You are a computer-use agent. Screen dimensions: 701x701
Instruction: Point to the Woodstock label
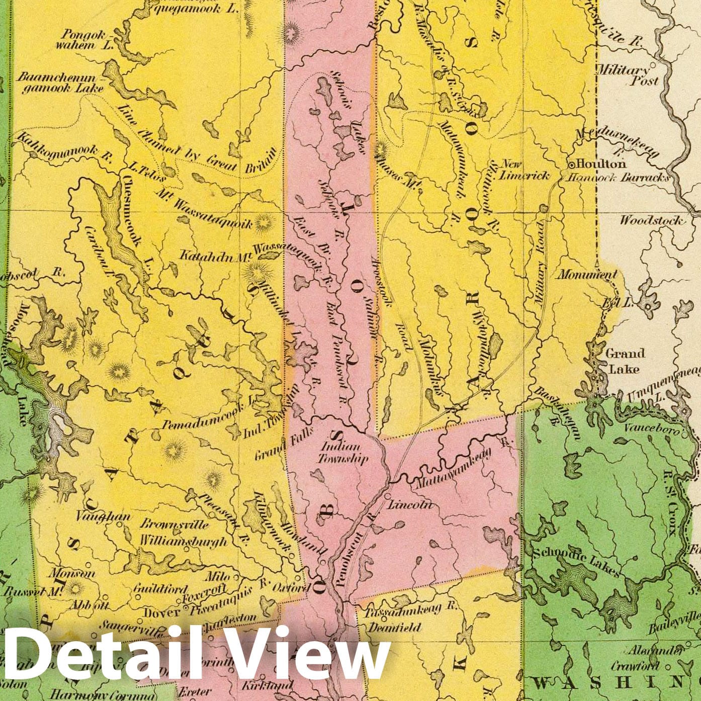point(651,220)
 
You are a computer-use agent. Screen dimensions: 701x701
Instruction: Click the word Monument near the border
point(586,275)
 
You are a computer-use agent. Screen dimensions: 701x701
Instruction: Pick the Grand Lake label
point(624,361)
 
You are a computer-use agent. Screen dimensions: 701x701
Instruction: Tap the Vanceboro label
point(652,429)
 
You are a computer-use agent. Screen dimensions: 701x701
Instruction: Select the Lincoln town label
point(412,505)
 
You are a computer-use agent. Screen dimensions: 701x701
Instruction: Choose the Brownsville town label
point(173,524)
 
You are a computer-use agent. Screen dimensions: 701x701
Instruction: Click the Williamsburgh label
point(183,541)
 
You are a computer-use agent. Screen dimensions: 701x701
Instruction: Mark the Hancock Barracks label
point(618,178)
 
